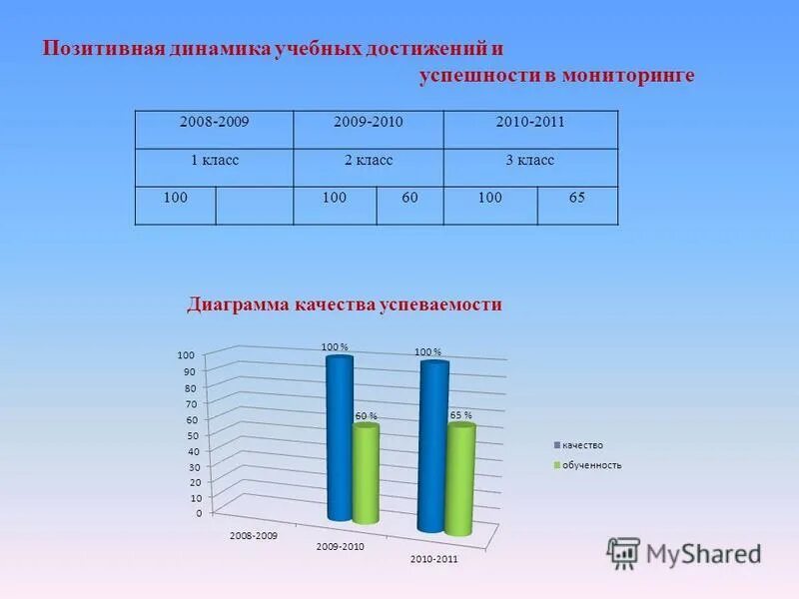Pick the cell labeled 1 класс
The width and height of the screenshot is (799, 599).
[x=214, y=160]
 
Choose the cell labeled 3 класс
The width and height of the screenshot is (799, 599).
[x=530, y=160]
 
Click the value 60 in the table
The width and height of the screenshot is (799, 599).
[x=409, y=198]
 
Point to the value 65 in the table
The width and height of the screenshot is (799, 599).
[x=577, y=198]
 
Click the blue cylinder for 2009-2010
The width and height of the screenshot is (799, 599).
[x=340, y=439]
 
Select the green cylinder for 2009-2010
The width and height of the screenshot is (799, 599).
[x=366, y=474]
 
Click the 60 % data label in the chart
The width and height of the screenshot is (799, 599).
[x=367, y=415]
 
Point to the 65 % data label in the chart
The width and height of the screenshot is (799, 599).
[x=460, y=414]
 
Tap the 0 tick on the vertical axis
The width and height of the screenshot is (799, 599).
[x=198, y=513]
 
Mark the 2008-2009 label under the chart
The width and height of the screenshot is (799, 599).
[x=254, y=536]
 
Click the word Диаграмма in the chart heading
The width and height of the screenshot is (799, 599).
[x=236, y=304]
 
